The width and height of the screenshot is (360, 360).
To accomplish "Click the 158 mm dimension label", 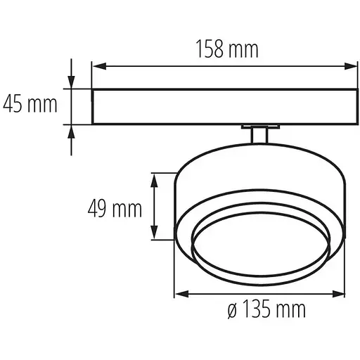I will tap(226, 50).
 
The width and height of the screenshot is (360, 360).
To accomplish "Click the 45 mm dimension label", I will tap(30, 105).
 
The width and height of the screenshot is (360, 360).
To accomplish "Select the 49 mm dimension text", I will tap(115, 208).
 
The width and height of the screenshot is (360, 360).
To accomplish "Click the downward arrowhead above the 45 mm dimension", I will tap(71, 83).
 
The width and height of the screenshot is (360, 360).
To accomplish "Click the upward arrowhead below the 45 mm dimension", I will tap(71, 131).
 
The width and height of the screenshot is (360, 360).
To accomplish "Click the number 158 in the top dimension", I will tap(210, 50).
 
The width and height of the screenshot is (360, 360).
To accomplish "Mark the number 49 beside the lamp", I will tap(98, 208).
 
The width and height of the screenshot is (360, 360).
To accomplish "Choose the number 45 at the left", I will tap(14, 105).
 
